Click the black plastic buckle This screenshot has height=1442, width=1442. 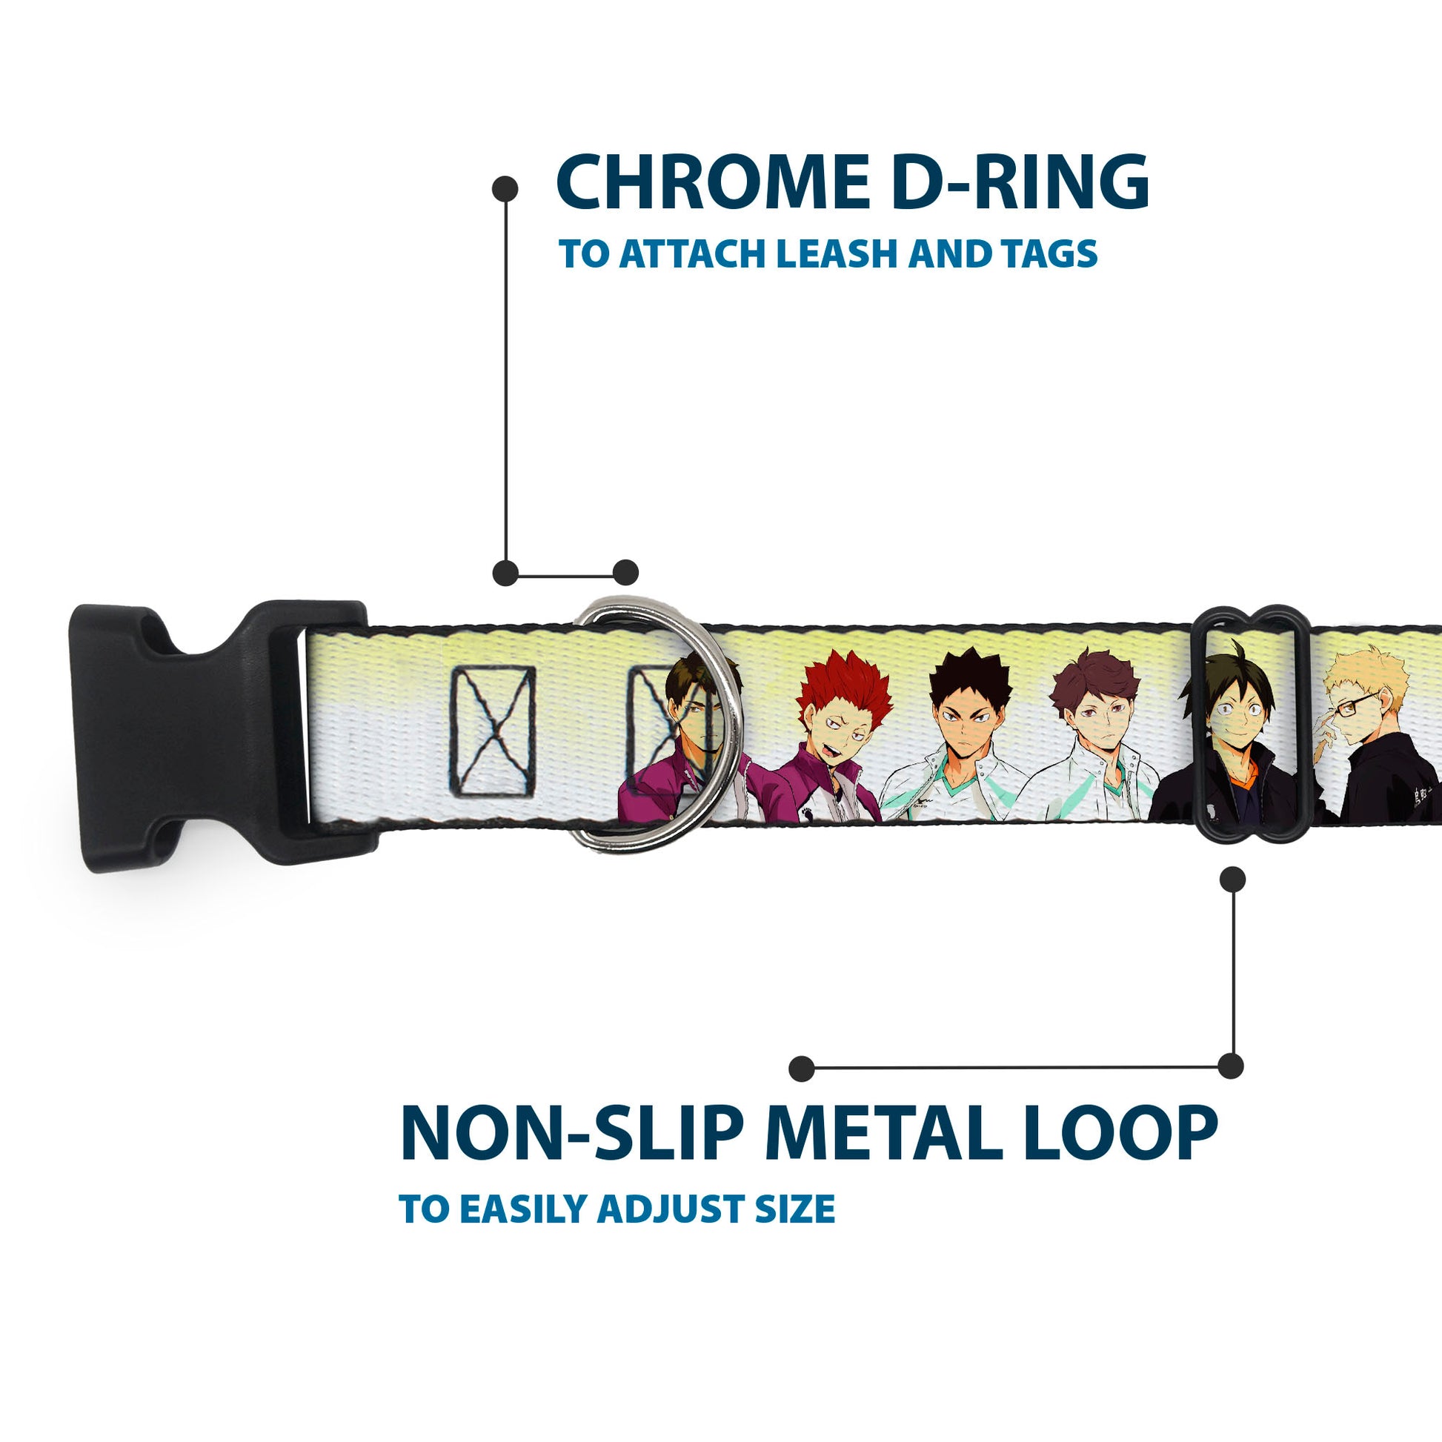tap(216, 735)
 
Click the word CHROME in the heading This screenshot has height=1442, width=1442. tap(712, 183)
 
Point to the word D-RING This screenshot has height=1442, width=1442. tap(1020, 183)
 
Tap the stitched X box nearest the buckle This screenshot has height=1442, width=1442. tap(493, 731)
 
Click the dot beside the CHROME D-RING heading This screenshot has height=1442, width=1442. tap(505, 188)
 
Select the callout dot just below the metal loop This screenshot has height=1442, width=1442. tap(1232, 880)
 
